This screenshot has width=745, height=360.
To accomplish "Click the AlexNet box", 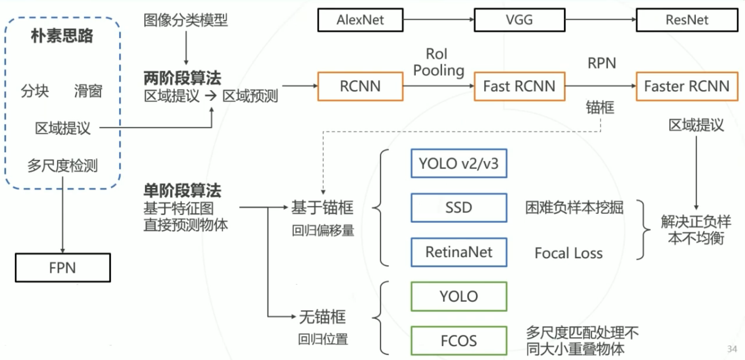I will point(360,20).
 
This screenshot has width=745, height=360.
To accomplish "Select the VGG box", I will point(519,20).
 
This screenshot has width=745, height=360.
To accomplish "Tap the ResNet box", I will point(687,20).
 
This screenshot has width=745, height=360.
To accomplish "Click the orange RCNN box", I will point(360,86).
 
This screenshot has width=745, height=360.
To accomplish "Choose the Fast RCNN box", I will point(519,86).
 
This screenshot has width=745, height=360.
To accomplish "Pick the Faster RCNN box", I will point(687,86).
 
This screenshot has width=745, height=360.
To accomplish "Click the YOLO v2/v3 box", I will point(459,164).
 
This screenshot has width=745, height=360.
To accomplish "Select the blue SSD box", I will point(459,208).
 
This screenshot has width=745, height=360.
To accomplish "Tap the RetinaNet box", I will point(459,252).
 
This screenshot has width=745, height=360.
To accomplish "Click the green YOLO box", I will point(459,296).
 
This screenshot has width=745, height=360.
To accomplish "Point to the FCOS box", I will point(459,341).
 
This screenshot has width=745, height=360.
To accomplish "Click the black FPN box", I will point(63,268).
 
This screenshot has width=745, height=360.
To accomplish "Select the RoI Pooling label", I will point(438,62).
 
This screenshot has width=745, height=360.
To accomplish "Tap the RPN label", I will point(602,63).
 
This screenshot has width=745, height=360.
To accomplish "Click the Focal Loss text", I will point(568,253).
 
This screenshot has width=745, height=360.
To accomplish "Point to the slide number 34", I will point(732,349).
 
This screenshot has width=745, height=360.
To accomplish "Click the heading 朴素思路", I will point(62,36).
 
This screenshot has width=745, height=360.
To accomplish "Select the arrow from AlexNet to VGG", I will point(438,20).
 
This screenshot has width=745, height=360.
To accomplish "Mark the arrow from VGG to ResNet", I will point(600,20).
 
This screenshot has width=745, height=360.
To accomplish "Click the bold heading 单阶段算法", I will point(182,191).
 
